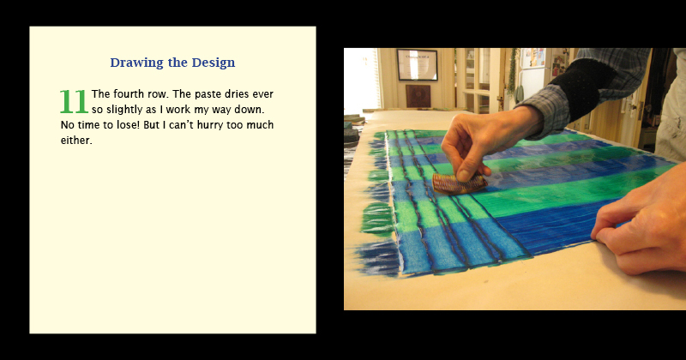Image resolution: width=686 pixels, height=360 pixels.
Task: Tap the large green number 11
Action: pyautogui.click(x=74, y=101)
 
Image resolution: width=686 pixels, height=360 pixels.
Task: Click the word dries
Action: pyautogui.click(x=238, y=94)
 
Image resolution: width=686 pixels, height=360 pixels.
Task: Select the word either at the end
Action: pyautogui.click(x=76, y=141)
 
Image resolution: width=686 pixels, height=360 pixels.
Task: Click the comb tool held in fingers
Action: pyautogui.click(x=460, y=183)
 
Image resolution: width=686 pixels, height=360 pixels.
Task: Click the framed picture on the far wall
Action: pyautogui.click(x=417, y=65)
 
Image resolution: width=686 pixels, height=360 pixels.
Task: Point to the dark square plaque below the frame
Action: pyautogui.click(x=418, y=96)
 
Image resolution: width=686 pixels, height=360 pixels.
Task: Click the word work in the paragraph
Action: pyautogui.click(x=178, y=110)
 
